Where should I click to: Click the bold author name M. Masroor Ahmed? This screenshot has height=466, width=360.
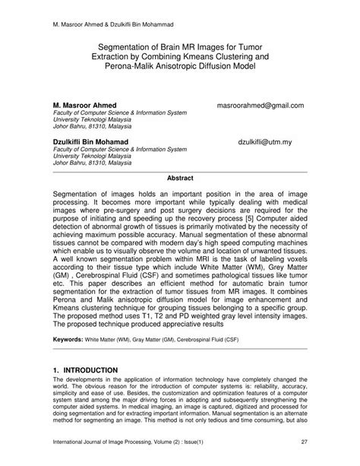tap(95, 104)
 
